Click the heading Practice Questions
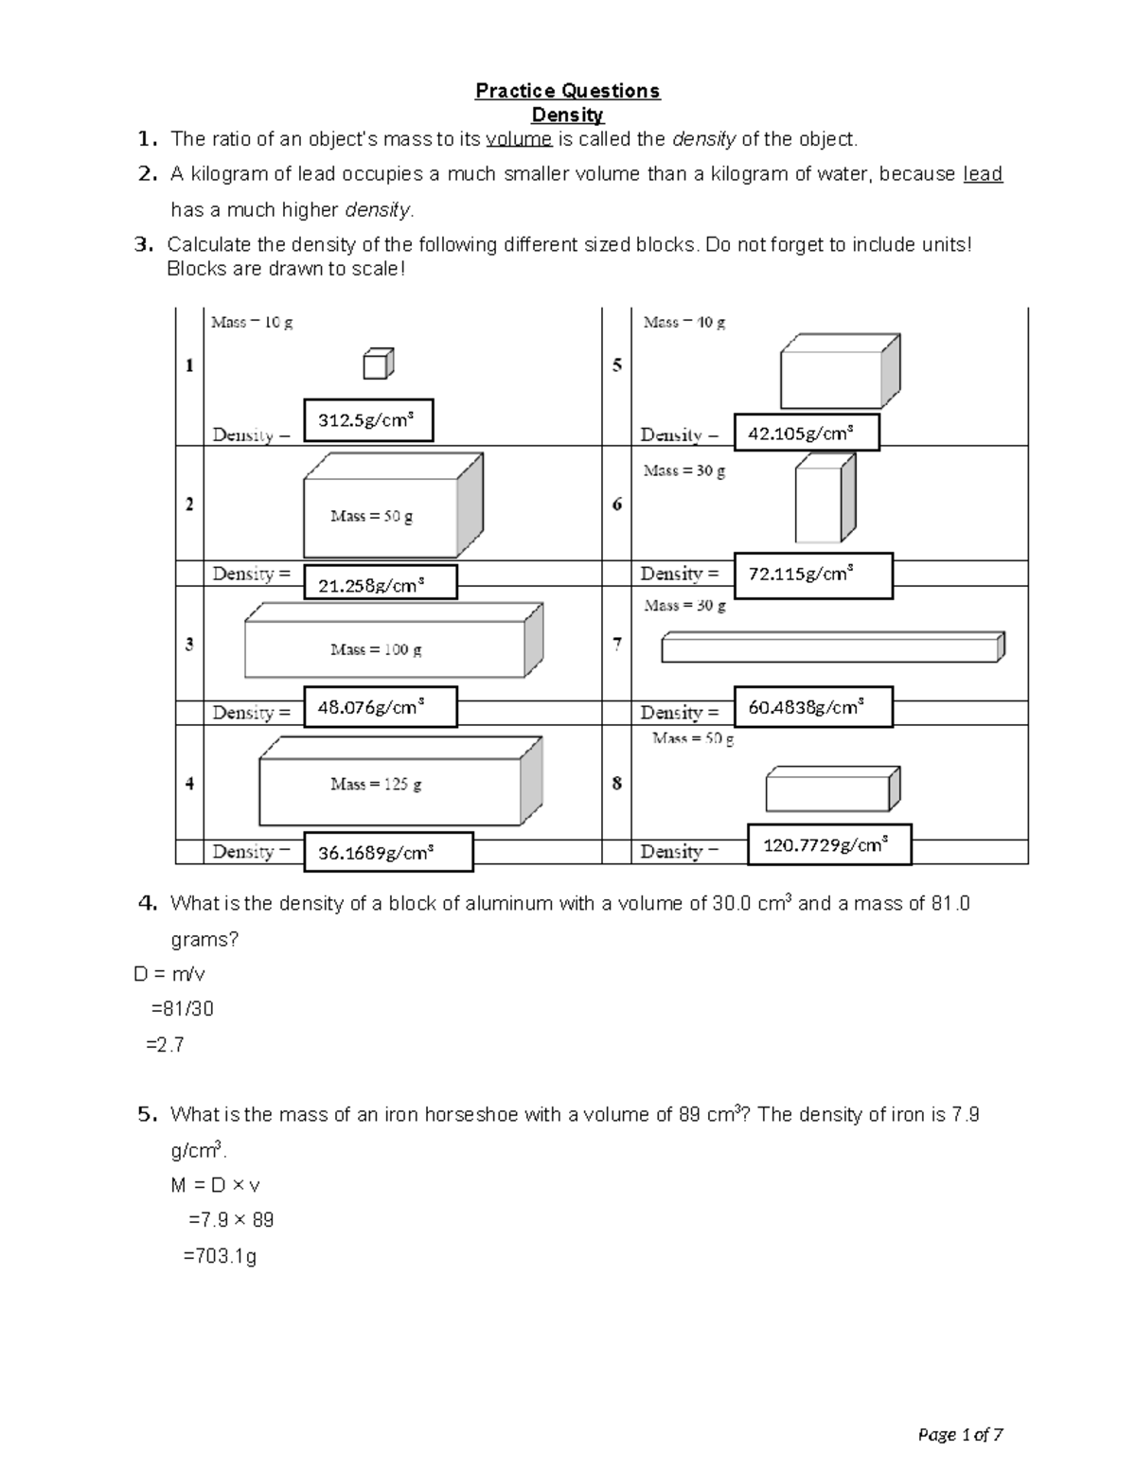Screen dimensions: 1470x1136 [x=567, y=91]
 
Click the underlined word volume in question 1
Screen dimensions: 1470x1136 [x=518, y=140]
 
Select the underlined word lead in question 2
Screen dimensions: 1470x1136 [x=982, y=174]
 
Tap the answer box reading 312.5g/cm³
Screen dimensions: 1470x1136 [x=368, y=420]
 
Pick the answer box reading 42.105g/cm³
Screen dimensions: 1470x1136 [x=807, y=433]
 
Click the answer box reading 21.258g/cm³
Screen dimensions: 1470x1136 [x=380, y=583]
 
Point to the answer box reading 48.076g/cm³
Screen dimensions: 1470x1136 [x=380, y=707]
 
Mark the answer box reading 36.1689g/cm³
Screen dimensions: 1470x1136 [x=388, y=852]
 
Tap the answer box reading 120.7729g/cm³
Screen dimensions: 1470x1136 [x=829, y=844]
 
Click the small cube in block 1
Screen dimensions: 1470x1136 [x=377, y=363]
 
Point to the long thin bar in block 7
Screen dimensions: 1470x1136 [x=832, y=647]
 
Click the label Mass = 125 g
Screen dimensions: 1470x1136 [x=376, y=785]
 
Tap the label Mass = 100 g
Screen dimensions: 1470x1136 [x=376, y=650]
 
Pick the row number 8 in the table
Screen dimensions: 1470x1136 [x=616, y=784]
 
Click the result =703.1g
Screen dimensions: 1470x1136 [x=220, y=1257]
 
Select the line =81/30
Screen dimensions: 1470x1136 [x=183, y=1009]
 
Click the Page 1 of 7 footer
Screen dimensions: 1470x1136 [x=960, y=1435]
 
